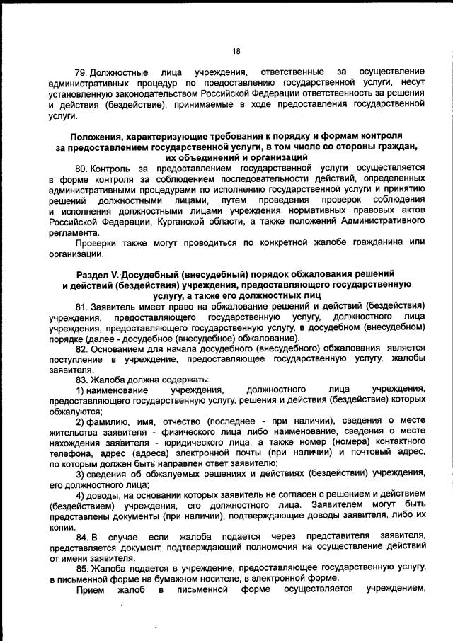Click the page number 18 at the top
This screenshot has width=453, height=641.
coord(236,50)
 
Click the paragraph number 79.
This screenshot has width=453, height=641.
coord(80,72)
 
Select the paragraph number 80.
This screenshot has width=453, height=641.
coord(80,168)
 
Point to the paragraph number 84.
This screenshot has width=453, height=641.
coord(80,536)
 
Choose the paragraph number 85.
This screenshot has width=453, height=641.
coord(80,568)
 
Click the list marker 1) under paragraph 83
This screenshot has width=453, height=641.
coord(80,390)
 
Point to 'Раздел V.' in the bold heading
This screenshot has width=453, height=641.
coord(95,273)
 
